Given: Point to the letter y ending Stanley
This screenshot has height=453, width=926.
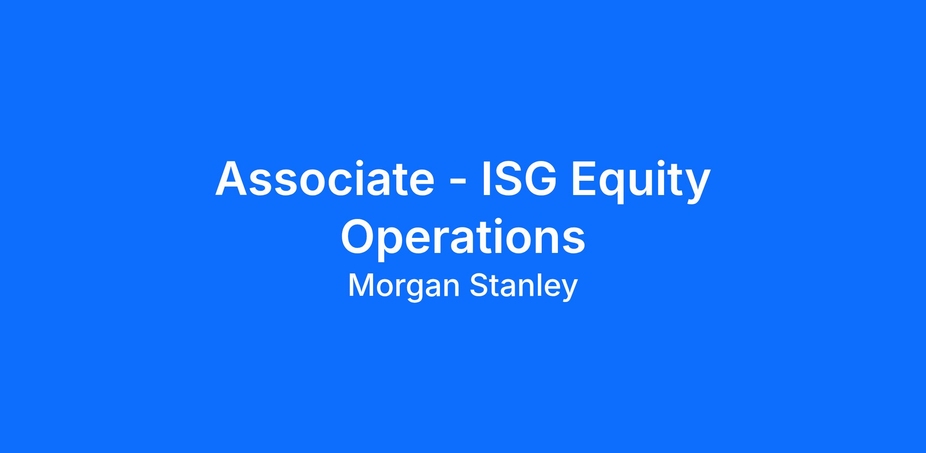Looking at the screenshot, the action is coord(569,291).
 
